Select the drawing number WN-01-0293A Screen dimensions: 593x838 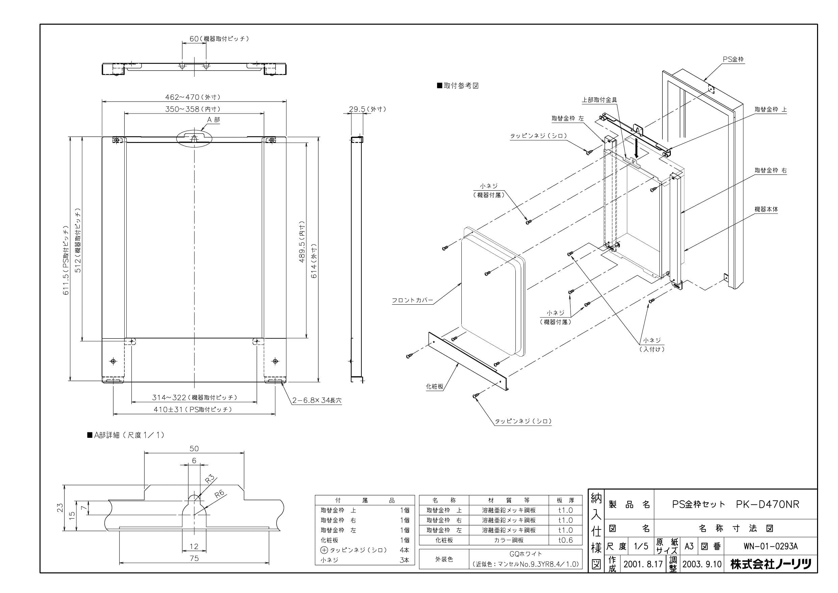click(x=770, y=547)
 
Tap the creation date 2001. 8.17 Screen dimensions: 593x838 click(x=643, y=565)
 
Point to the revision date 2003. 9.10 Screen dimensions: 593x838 click(x=702, y=565)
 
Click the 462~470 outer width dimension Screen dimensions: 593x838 click(x=193, y=97)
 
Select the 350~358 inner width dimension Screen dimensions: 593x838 click(x=193, y=109)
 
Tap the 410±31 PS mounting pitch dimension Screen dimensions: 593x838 click(x=193, y=409)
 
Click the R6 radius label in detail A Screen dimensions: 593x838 click(x=219, y=494)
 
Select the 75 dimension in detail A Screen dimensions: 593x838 click(x=194, y=558)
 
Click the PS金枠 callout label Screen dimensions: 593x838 click(x=733, y=59)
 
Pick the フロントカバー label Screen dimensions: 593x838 click(x=412, y=300)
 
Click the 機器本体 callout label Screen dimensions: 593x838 click(x=766, y=209)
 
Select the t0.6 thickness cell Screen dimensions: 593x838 click(x=565, y=540)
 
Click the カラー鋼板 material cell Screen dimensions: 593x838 click(x=508, y=540)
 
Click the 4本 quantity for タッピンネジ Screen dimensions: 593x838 click(x=404, y=550)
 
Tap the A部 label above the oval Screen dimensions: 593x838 click(x=213, y=120)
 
